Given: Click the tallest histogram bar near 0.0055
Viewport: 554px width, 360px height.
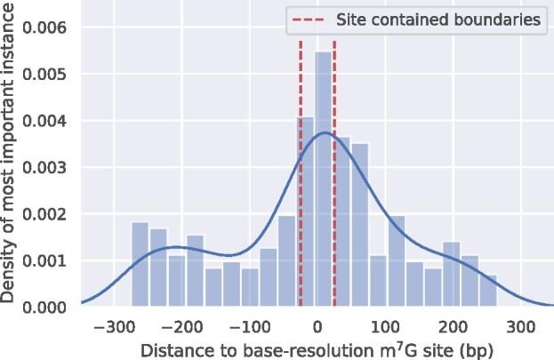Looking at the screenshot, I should pos(324,178).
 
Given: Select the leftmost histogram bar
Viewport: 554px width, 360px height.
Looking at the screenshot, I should pos(140,265).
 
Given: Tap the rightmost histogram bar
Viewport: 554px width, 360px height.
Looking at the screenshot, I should pos(488,291).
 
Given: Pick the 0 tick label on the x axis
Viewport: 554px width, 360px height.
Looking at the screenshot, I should pos(317,325).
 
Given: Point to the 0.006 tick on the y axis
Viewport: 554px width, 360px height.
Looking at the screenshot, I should pos(52,28).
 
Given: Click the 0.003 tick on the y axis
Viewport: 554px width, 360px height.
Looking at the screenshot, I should pos(52,167).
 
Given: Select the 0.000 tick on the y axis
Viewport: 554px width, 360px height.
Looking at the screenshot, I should pos(52,308).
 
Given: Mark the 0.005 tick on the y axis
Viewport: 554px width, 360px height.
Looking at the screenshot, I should pos(52,75).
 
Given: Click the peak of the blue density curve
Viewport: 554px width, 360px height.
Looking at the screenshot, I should pos(326,132).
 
